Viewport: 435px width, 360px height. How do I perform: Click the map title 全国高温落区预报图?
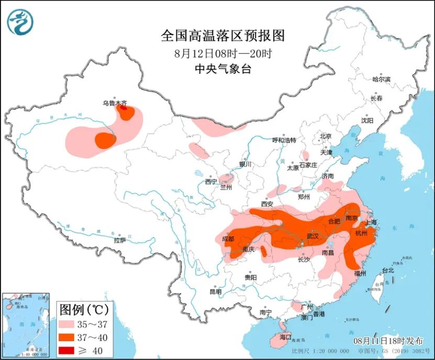222,36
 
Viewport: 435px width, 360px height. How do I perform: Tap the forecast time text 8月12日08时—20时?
222,53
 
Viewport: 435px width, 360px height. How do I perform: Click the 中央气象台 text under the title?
222,69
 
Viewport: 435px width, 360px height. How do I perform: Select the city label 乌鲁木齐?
114,104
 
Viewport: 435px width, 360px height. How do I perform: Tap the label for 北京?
326,137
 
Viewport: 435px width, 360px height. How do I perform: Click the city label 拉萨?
120,240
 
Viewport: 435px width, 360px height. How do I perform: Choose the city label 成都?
228,239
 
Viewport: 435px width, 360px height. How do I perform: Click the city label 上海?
370,222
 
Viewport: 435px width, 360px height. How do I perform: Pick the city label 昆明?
215,291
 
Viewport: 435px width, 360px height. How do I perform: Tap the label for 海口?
285,337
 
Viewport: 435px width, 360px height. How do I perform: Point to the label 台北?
388,271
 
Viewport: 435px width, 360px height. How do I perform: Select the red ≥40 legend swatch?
69,350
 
